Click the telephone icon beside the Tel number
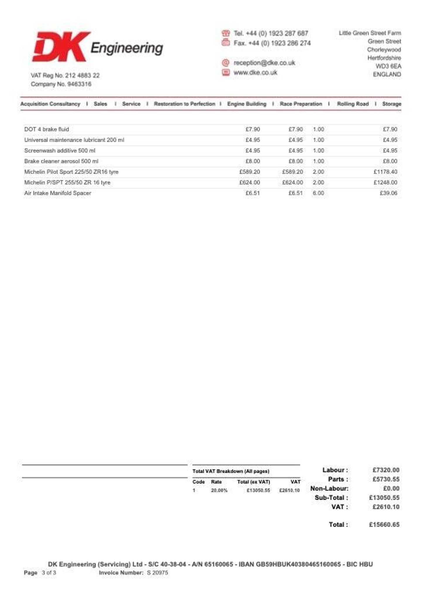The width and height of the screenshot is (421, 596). coord(226,33)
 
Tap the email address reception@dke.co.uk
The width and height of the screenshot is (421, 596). coord(264,63)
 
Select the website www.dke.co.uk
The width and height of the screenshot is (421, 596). coord(255,72)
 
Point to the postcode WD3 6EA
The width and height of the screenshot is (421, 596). coord(388,66)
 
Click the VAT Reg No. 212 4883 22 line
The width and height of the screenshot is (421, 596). coord(65,76)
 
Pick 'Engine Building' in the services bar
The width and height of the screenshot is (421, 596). coord(247,104)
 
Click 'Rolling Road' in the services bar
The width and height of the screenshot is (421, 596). coord(353,104)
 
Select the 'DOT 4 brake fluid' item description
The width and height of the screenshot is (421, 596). coord(46,129)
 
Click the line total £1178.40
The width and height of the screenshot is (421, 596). coord(385,172)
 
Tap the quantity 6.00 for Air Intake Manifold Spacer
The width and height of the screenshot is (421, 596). coord(318,193)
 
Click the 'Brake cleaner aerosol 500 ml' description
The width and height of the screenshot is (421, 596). coord(61,161)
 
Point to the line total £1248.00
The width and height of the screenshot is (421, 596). coord(385,182)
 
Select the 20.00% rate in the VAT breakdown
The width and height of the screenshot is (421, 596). coord(219,490)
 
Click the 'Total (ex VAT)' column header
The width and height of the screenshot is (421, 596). coord(253,482)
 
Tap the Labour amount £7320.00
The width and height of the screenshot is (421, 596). coord(386,470)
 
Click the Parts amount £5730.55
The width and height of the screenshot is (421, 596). coord(386,479)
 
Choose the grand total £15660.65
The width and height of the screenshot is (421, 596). coord(384,525)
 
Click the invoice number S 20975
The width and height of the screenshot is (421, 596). coord(157,573)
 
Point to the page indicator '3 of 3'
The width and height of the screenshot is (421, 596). coord(49,573)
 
